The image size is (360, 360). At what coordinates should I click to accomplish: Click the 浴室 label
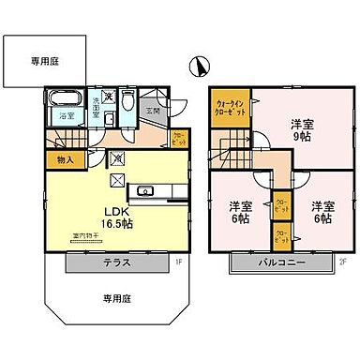pyautogui.click(x=67, y=115)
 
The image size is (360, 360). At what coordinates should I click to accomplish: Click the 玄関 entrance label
pyautogui.click(x=154, y=111)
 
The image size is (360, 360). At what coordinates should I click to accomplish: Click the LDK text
pyautogui.click(x=113, y=211)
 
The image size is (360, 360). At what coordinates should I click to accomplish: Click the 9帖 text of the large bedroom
pyautogui.click(x=299, y=138)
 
